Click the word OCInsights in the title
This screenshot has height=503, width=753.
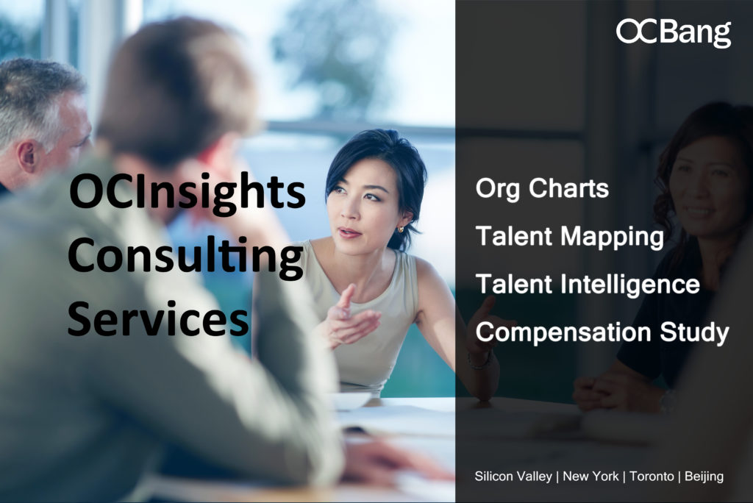click(188, 192)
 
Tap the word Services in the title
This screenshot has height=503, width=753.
click(158, 319)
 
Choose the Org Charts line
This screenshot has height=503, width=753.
click(542, 188)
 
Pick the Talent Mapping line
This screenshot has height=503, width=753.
click(570, 236)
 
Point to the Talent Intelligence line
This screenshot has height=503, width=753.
click(588, 284)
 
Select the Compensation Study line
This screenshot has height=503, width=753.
click(602, 332)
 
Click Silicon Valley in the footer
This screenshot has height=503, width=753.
click(513, 476)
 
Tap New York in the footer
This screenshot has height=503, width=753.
click(590, 476)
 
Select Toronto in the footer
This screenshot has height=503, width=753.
click(652, 476)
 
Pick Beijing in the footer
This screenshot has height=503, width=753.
click(704, 477)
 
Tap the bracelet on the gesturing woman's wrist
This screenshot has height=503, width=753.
click(480, 361)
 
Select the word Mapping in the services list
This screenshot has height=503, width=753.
click(613, 237)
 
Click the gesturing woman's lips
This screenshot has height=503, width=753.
click(349, 234)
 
